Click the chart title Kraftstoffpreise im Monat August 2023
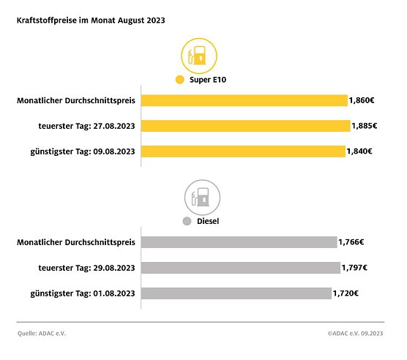click(x=91, y=20)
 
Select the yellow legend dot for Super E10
click(x=179, y=80)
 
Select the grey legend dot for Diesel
click(x=187, y=220)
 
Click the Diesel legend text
click(x=209, y=220)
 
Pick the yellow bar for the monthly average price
click(x=244, y=100)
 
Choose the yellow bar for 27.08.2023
click(x=245, y=126)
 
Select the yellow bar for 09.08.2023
click(x=243, y=151)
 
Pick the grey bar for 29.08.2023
click(x=240, y=268)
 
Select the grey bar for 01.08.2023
click(x=236, y=293)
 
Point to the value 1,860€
click(x=363, y=100)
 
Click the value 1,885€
click(x=365, y=126)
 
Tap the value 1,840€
click(x=360, y=151)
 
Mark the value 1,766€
click(x=351, y=242)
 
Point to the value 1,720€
click(x=347, y=293)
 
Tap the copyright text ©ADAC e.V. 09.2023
click(x=356, y=334)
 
